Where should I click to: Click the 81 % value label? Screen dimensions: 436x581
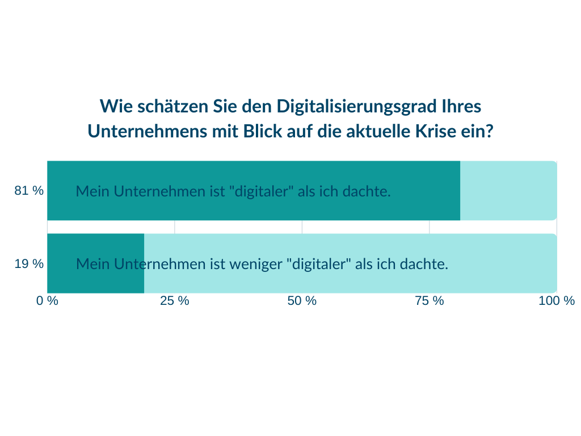(x=29, y=191)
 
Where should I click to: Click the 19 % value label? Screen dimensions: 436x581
(x=29, y=264)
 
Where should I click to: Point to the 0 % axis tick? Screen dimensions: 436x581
(x=48, y=301)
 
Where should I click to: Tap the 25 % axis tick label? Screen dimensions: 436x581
(x=175, y=301)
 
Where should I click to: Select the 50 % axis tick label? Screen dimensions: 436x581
(x=302, y=301)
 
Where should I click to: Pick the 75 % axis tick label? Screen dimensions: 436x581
(x=430, y=301)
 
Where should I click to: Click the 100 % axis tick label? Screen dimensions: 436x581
(x=557, y=301)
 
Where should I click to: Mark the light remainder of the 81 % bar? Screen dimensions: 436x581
(x=508, y=191)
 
